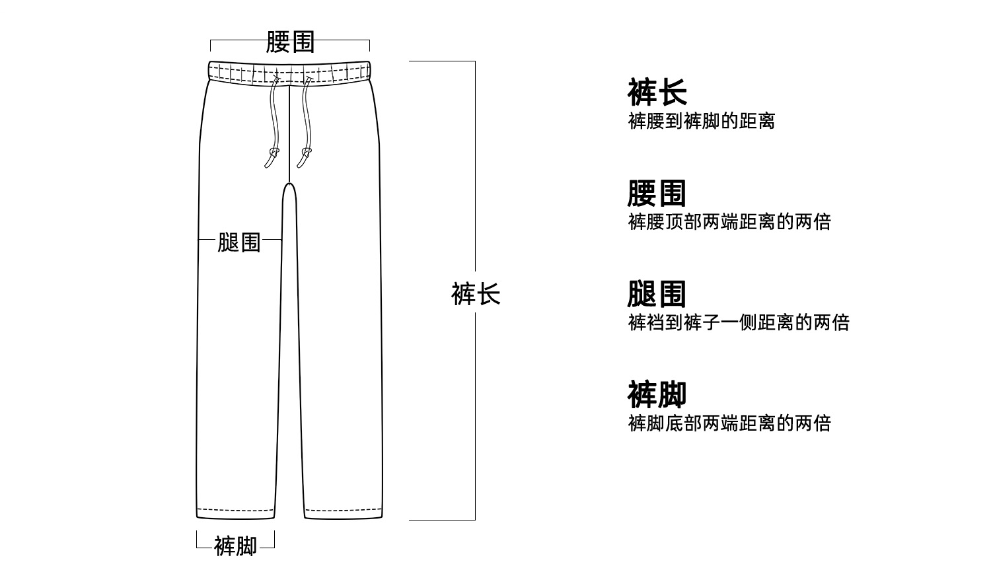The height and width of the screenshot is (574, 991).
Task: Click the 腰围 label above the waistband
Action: (289, 42)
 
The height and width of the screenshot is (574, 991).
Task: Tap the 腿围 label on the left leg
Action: (239, 242)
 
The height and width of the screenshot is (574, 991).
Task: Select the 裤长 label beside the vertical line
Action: (476, 294)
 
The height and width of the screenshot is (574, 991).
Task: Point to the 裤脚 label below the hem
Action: (235, 546)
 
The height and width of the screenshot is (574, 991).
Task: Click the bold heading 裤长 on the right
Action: (657, 92)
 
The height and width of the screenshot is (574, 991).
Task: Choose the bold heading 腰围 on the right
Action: (657, 194)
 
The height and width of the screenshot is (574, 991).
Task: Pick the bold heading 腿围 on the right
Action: (657, 294)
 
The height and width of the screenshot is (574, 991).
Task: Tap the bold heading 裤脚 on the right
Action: (657, 394)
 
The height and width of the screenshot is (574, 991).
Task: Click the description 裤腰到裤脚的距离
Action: (701, 122)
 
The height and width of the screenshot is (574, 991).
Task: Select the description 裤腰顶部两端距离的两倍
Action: (729, 222)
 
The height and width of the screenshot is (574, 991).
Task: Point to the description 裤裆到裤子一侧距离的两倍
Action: (739, 323)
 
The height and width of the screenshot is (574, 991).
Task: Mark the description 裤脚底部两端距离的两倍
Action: (729, 423)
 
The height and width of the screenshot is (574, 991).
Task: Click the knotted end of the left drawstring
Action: (272, 159)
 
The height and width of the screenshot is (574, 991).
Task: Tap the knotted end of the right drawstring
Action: (305, 159)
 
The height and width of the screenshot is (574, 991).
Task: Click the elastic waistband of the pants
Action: (289, 72)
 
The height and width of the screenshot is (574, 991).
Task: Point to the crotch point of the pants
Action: (289, 185)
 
